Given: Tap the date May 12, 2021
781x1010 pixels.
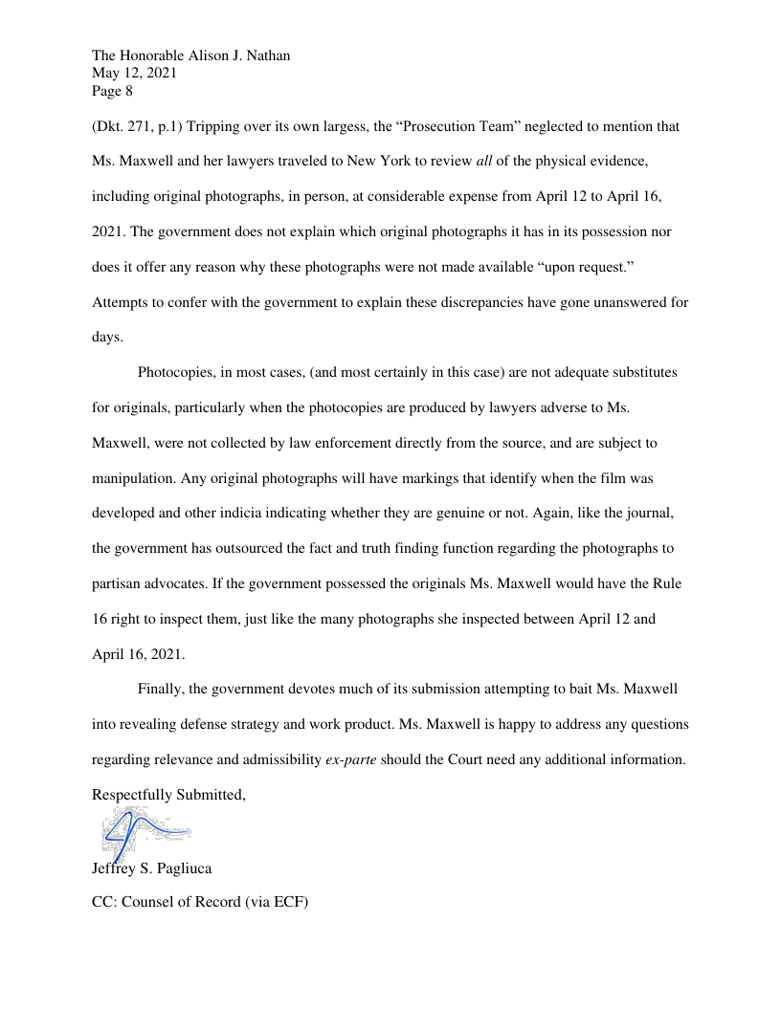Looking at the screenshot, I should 134,74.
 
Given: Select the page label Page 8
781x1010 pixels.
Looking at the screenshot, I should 112,92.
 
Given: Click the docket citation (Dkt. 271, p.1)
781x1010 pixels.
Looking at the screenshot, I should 140,126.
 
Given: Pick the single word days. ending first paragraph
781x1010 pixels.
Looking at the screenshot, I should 107,339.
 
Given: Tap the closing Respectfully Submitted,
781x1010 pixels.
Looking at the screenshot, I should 169,795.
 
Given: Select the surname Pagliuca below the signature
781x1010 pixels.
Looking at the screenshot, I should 185,868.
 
